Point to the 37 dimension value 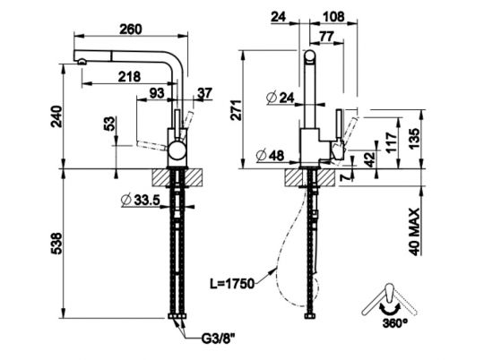[x=205, y=93]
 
